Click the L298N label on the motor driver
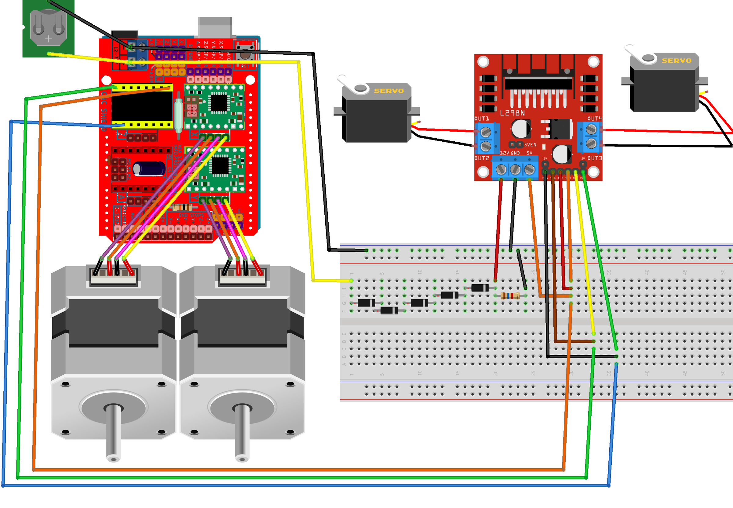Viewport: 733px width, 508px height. tap(512, 113)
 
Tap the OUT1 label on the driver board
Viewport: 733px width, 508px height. tap(482, 118)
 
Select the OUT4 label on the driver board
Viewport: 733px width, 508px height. tap(594, 118)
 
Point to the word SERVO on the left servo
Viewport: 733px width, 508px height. tap(389, 91)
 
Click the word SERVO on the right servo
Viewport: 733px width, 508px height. tap(676, 61)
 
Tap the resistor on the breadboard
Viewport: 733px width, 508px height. tap(510, 296)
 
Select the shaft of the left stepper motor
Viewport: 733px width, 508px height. tap(113, 433)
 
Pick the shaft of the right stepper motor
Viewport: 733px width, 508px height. tap(242, 433)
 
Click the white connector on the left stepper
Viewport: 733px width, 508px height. tap(114, 276)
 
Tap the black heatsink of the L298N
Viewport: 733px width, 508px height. tap(538, 83)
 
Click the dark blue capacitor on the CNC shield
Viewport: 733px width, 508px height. tap(149, 169)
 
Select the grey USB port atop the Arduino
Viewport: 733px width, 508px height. tap(215, 27)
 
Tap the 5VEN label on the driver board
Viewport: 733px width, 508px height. tap(530, 144)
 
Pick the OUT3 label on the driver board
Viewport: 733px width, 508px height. tap(594, 158)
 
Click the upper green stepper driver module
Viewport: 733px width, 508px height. tap(215, 107)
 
